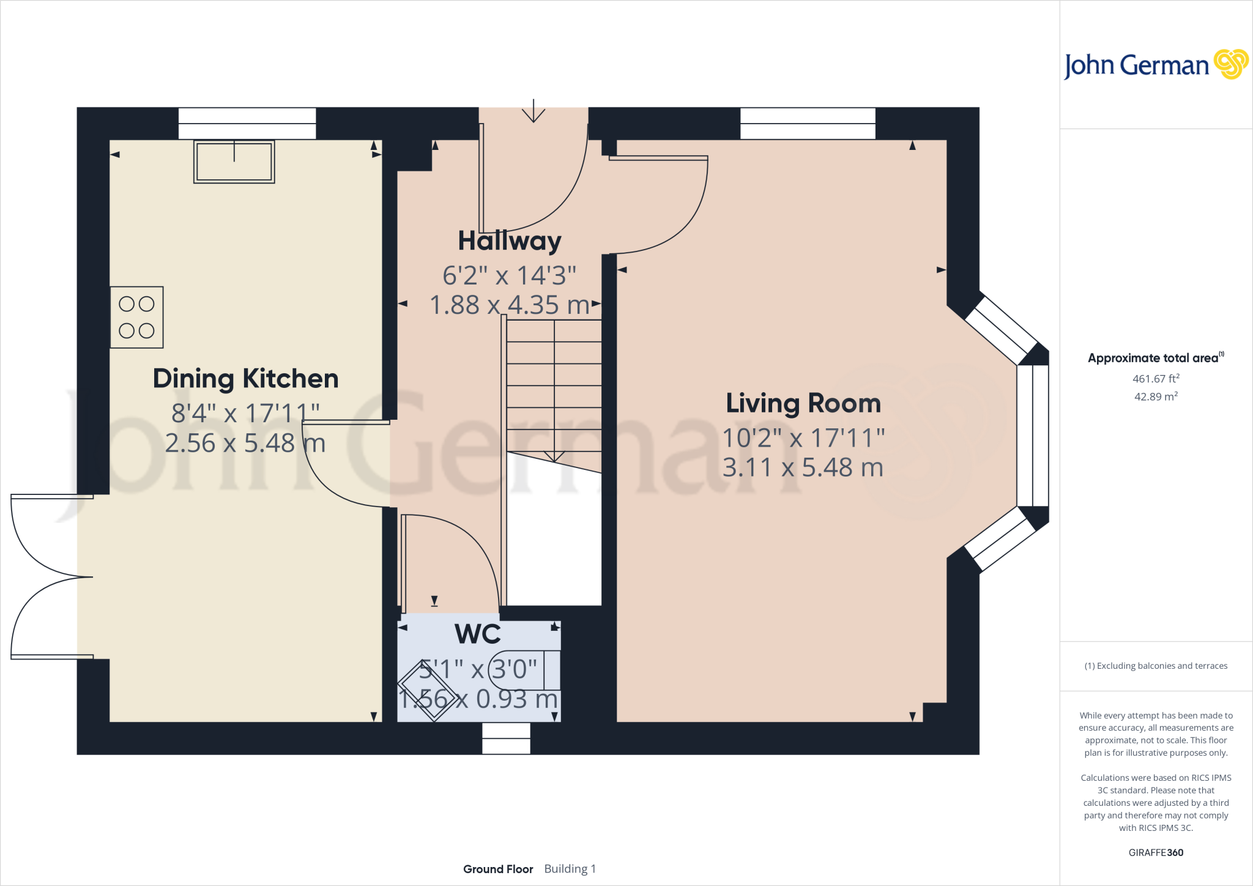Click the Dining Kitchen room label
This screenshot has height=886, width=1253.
click(245, 379)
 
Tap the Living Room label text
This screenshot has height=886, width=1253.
click(803, 403)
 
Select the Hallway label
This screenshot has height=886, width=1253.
click(510, 241)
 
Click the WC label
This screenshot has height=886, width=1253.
click(478, 634)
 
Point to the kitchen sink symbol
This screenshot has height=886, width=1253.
click(234, 162)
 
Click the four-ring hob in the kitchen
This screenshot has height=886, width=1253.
click(137, 317)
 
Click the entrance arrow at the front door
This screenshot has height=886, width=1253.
click(534, 111)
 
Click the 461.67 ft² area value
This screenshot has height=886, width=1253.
click(1156, 379)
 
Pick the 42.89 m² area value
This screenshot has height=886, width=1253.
click(1156, 396)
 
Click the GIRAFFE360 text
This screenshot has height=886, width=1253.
click(1156, 852)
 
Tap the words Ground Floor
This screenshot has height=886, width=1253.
click(498, 869)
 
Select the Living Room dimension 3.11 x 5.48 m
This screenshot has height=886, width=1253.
click(803, 467)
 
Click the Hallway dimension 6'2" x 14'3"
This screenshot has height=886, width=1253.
click(509, 275)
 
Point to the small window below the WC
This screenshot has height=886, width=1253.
click(506, 739)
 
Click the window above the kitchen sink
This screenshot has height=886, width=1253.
click(247, 124)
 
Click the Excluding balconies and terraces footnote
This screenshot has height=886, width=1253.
click(1156, 666)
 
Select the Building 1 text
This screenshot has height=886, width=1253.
click(570, 869)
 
